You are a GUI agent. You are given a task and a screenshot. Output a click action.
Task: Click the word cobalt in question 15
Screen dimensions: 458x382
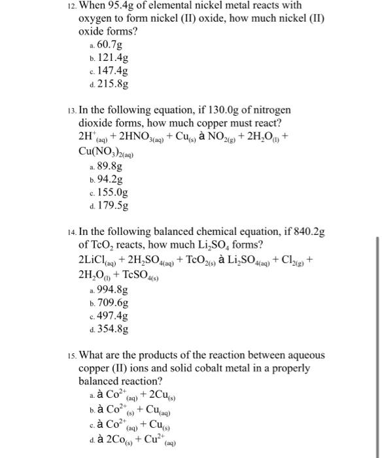218,368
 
